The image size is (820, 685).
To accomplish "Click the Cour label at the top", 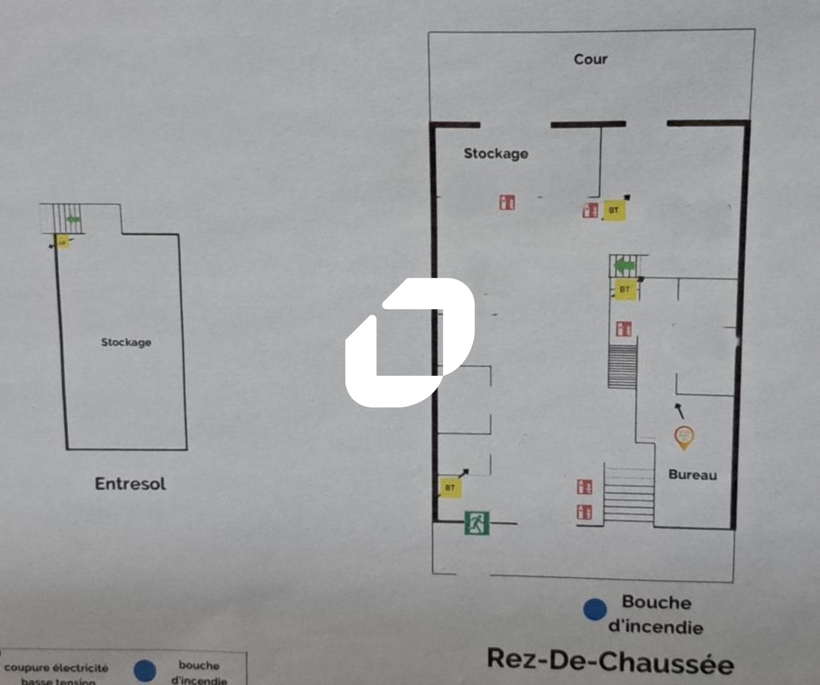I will click(x=590, y=59).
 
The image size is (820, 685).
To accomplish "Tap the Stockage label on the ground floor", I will click(x=496, y=153).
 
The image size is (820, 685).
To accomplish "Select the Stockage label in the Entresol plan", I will click(x=126, y=342).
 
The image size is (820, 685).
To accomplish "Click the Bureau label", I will click(x=692, y=474).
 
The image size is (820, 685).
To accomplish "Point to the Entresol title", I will click(x=130, y=484).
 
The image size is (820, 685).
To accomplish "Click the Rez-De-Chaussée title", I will click(x=610, y=662).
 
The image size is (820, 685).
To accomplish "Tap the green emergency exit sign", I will click(x=477, y=523).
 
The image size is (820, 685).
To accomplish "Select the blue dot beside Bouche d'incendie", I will click(x=595, y=609).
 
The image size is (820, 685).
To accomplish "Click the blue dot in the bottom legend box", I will click(x=145, y=671).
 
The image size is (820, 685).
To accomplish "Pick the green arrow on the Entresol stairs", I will click(x=73, y=220).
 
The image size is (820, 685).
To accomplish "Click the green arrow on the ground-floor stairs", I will click(x=626, y=266).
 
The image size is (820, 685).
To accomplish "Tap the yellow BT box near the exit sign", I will click(x=450, y=487).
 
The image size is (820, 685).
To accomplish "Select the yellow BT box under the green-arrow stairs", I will click(x=625, y=289).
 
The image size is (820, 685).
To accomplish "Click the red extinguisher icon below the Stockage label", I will click(x=507, y=202).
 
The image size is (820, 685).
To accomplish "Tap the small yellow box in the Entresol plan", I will click(x=63, y=242).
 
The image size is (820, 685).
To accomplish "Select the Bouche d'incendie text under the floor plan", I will click(x=656, y=615).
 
